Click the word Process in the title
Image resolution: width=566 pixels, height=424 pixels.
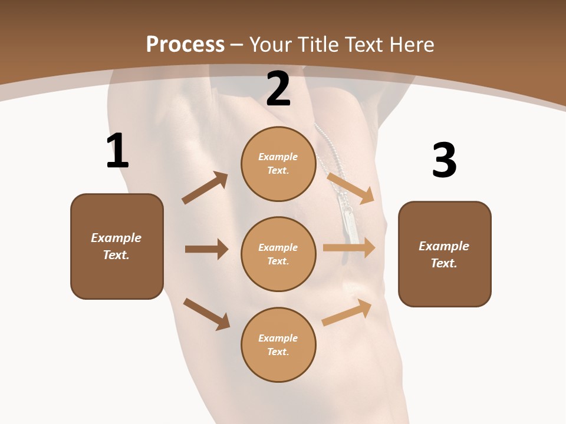pyautogui.click(x=185, y=45)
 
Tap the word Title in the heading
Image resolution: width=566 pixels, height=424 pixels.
pyautogui.click(x=319, y=44)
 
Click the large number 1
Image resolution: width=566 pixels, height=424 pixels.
pyautogui.click(x=118, y=150)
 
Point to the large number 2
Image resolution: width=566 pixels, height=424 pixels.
pyautogui.click(x=278, y=89)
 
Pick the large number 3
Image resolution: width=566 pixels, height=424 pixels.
pyautogui.click(x=445, y=160)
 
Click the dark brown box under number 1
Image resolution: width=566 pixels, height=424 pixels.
pyautogui.click(x=117, y=247)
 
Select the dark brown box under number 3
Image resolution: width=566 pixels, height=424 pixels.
pyautogui.click(x=445, y=254)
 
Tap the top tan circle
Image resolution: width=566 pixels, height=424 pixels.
pyautogui.click(x=278, y=164)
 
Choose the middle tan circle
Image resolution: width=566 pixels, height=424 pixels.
pyautogui.click(x=278, y=254)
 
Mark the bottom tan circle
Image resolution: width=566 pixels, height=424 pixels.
pyautogui.click(x=278, y=344)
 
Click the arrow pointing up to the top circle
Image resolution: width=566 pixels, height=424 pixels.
pyautogui.click(x=205, y=187)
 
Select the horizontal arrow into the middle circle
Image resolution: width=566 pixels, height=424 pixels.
pyautogui.click(x=207, y=249)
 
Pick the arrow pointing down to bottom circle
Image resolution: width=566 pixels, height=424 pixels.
pyautogui.click(x=206, y=314)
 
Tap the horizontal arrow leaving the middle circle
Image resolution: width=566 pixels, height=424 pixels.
pyautogui.click(x=349, y=247)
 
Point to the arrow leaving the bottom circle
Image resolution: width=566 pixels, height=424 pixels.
pyautogui.click(x=347, y=312)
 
